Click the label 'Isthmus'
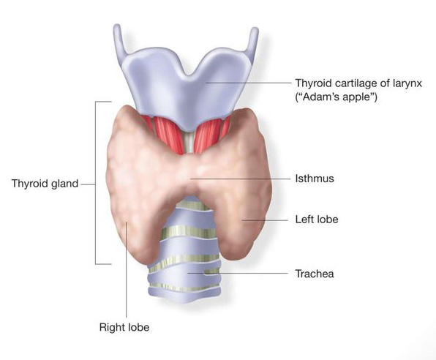pyautogui.click(x=315, y=179)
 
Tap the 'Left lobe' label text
pyautogui.click(x=317, y=220)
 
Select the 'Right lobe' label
pyautogui.click(x=124, y=327)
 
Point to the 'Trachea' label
pyautogui.click(x=315, y=274)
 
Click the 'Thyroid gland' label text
pyautogui.click(x=45, y=184)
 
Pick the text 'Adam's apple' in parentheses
pyautogui.click(x=337, y=97)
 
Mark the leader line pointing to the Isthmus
pyautogui.click(x=239, y=179)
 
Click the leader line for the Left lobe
pyautogui.click(x=265, y=220)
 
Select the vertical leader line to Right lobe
pyautogui.click(x=127, y=269)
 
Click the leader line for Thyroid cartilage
pyautogui.click(x=248, y=83)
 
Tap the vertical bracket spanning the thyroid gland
pyautogui.click(x=96, y=183)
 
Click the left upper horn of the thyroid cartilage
pyautogui.click(x=119, y=39)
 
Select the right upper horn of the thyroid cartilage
pyautogui.click(x=252, y=42)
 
